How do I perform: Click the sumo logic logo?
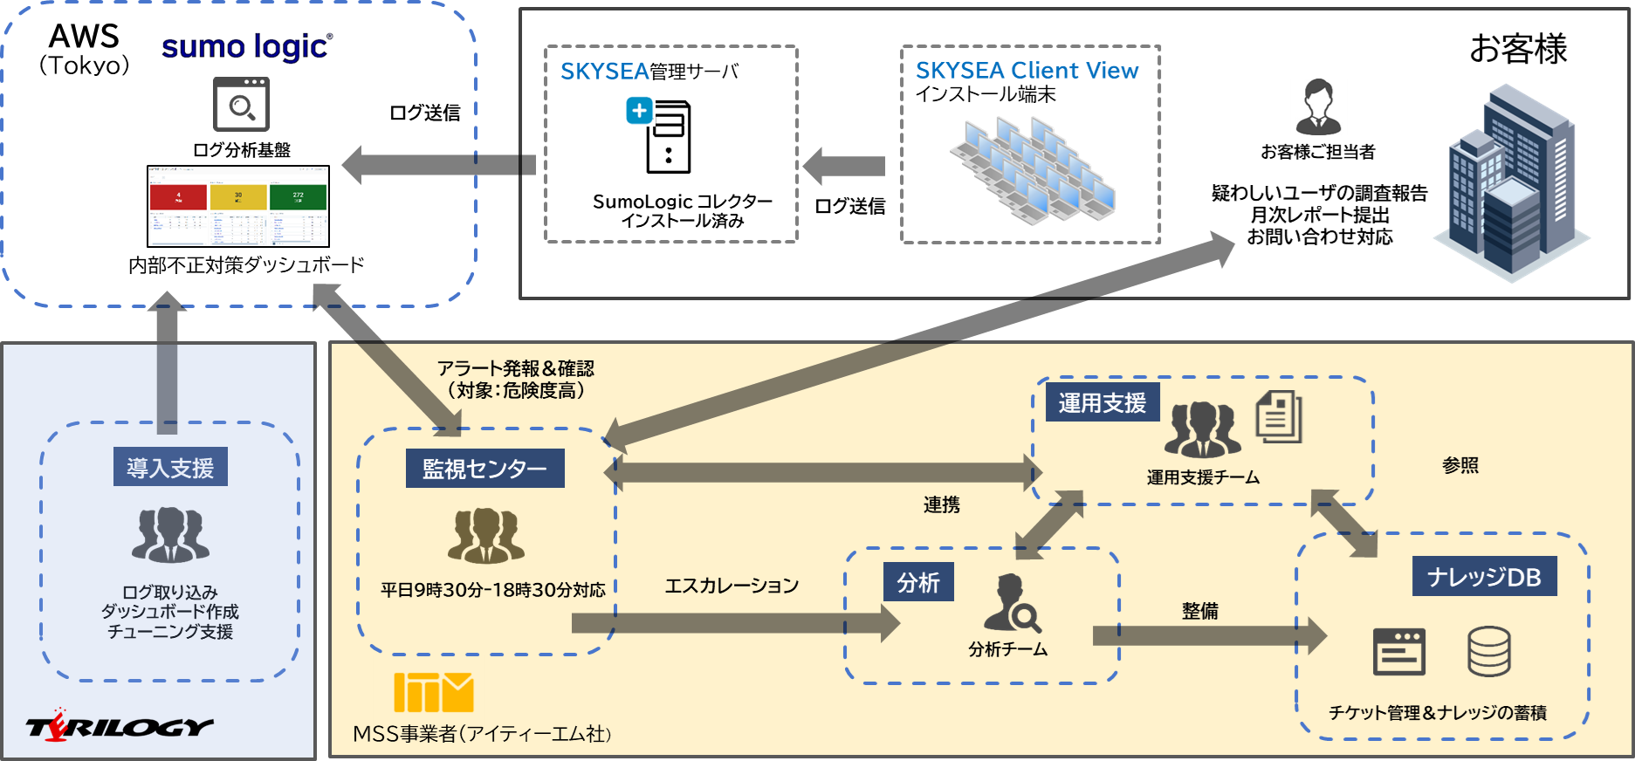click(246, 47)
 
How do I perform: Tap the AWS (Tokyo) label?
click(84, 49)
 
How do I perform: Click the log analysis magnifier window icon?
click(241, 104)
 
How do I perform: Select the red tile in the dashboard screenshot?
click(179, 197)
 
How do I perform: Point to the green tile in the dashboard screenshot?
click(298, 197)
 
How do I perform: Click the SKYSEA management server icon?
click(660, 135)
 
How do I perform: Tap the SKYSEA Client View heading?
click(1027, 71)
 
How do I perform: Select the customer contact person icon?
click(1318, 106)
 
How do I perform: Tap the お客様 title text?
click(1518, 49)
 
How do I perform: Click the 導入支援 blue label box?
click(170, 468)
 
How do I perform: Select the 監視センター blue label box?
click(484, 469)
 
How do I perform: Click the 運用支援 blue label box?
click(1102, 402)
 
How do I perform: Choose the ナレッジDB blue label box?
click(1484, 577)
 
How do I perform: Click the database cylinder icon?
click(1488, 651)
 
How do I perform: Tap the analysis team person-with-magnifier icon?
click(1012, 603)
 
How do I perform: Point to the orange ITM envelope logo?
click(433, 693)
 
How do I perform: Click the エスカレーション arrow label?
click(732, 586)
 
